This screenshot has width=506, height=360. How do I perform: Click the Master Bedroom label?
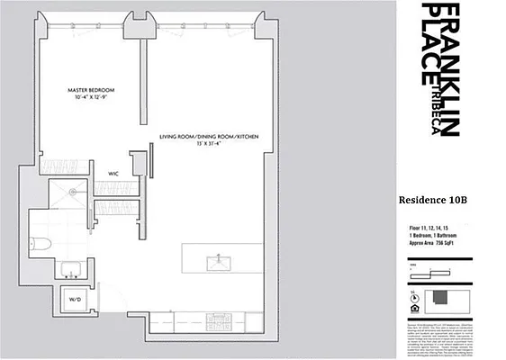coord(92,90)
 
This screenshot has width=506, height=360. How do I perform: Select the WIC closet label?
coord(114,173)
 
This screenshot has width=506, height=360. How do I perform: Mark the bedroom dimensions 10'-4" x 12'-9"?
coord(92,98)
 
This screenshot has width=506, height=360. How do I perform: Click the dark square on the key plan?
coord(440,300)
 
